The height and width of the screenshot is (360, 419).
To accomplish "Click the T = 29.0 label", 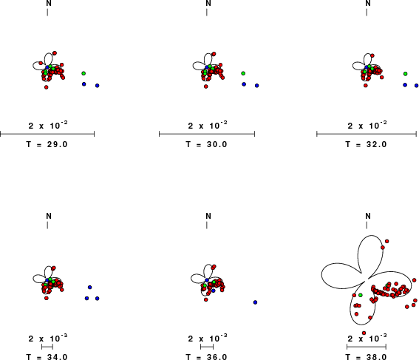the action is click(47, 144).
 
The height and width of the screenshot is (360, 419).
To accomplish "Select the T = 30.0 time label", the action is click(206, 144).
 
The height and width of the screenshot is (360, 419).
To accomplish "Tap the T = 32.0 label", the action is click(366, 144).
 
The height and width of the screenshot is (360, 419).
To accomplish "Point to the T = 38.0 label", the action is click(366, 357).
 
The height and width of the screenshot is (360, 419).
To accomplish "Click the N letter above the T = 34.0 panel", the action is click(48, 216).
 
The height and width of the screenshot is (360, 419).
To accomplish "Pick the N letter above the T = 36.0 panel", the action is click(208, 216).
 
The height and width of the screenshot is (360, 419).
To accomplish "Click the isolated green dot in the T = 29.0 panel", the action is click(84, 73).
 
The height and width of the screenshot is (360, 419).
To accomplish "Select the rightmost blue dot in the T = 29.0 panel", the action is click(98, 86).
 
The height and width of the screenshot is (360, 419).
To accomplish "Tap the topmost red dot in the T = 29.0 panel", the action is click(55, 53).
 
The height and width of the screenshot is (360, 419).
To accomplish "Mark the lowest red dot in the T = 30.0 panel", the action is click(205, 86).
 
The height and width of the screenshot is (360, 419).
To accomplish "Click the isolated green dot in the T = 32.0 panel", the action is click(406, 74).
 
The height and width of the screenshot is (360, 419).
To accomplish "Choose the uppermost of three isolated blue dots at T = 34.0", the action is click(90, 288).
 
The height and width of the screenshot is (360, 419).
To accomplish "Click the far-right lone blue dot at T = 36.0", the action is click(255, 302).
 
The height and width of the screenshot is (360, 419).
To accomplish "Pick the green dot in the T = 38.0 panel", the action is click(360, 295).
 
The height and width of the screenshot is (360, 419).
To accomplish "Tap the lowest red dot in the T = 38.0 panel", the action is click(364, 333).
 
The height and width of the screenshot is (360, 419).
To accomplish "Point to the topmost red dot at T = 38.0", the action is click(386, 241).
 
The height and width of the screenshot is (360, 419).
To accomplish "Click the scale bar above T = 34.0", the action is click(47, 347).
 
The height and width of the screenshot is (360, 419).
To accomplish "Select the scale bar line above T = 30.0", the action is click(207, 134).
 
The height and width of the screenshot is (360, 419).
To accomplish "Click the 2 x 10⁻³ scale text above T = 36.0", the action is click(208, 338).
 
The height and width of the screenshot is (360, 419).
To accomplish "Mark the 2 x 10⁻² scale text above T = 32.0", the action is click(367, 125).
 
